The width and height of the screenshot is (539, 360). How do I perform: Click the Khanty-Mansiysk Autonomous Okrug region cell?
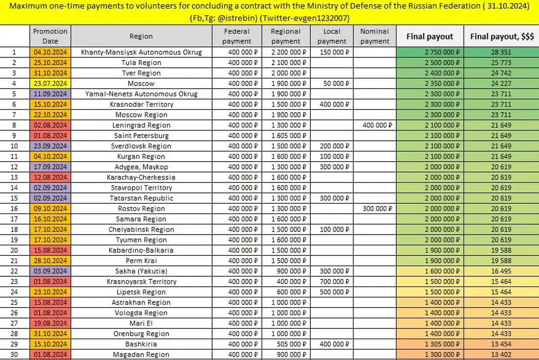coord(141,52)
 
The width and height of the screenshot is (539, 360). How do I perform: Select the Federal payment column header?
coord(237,36)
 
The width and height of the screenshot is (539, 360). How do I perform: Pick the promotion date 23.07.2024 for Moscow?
coord(50,83)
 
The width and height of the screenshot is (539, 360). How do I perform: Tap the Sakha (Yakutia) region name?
coord(141,271)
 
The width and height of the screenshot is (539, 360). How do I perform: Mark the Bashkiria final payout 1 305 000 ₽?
coord(442,344)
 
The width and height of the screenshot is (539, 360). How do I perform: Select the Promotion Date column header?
coord(50,36)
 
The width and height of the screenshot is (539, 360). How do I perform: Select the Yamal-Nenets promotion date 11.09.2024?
coord(50,94)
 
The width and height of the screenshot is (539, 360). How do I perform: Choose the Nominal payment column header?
coord(375,36)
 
